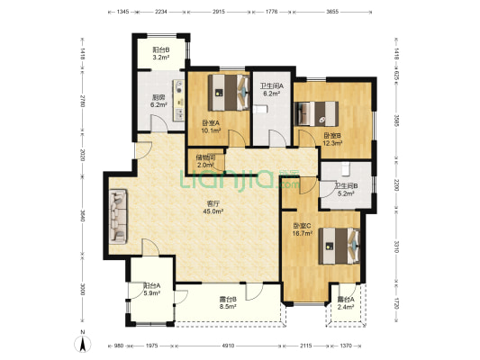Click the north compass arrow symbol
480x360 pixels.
[83, 344]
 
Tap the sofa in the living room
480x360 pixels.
[118, 217]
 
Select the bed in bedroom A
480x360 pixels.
[229, 93]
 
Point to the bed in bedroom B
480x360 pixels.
[316, 113]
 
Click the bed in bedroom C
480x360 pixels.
[340, 246]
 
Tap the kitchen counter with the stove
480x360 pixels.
[178, 100]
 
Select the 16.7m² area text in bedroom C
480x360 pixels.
[303, 233]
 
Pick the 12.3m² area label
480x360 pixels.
[332, 143]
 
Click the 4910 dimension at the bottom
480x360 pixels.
[228, 346]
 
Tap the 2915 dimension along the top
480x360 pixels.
[219, 12]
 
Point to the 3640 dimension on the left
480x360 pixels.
[82, 216]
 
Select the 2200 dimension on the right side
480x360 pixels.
[396, 184]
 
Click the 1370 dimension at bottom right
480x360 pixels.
[346, 346]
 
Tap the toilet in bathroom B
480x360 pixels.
[345, 169]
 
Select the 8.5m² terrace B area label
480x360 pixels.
[228, 306]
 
